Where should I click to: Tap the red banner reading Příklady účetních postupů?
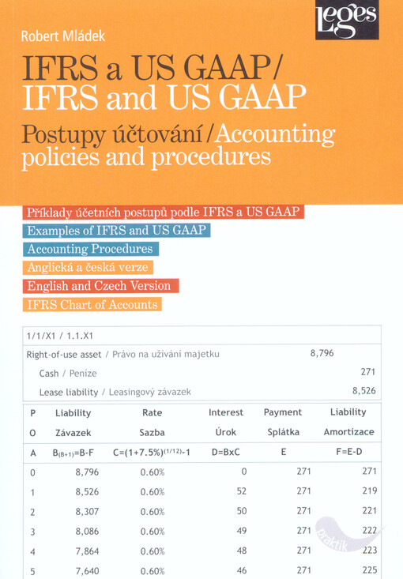click(x=164, y=212)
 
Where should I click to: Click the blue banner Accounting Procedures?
click(x=89, y=250)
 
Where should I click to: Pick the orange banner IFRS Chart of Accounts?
click(x=92, y=304)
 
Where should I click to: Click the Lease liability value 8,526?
click(x=363, y=390)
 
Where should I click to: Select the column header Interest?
click(x=226, y=412)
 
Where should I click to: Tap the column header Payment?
click(x=283, y=412)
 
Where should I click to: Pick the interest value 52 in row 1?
click(x=241, y=491)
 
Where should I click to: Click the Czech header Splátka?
click(x=283, y=433)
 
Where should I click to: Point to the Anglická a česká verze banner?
click(x=92, y=268)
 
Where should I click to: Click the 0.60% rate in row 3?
click(x=152, y=531)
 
